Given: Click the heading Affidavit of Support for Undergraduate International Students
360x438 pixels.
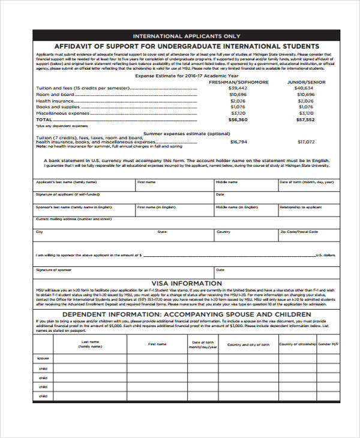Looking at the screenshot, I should coord(186,46).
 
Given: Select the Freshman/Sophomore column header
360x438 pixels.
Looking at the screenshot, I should coord(238,82).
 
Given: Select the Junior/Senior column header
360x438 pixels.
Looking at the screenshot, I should coord(305,82).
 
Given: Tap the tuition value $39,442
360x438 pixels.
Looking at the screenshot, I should coord(238,88).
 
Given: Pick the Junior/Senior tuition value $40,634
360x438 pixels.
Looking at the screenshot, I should coord(305,88).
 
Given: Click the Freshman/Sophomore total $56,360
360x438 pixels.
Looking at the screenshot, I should coord(238,119).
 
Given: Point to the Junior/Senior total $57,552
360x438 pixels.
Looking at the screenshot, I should coord(305,119).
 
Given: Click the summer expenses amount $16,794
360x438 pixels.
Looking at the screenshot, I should coord(238,142).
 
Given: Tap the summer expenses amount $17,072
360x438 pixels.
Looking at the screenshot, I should coord(305,142).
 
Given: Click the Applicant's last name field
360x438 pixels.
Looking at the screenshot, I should coord(83,185).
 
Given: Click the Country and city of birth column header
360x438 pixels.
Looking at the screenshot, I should coord(248,345).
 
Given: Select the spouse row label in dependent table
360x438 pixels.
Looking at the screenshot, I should coord(43,358).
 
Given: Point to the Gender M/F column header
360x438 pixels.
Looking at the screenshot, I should coord(328,345).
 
